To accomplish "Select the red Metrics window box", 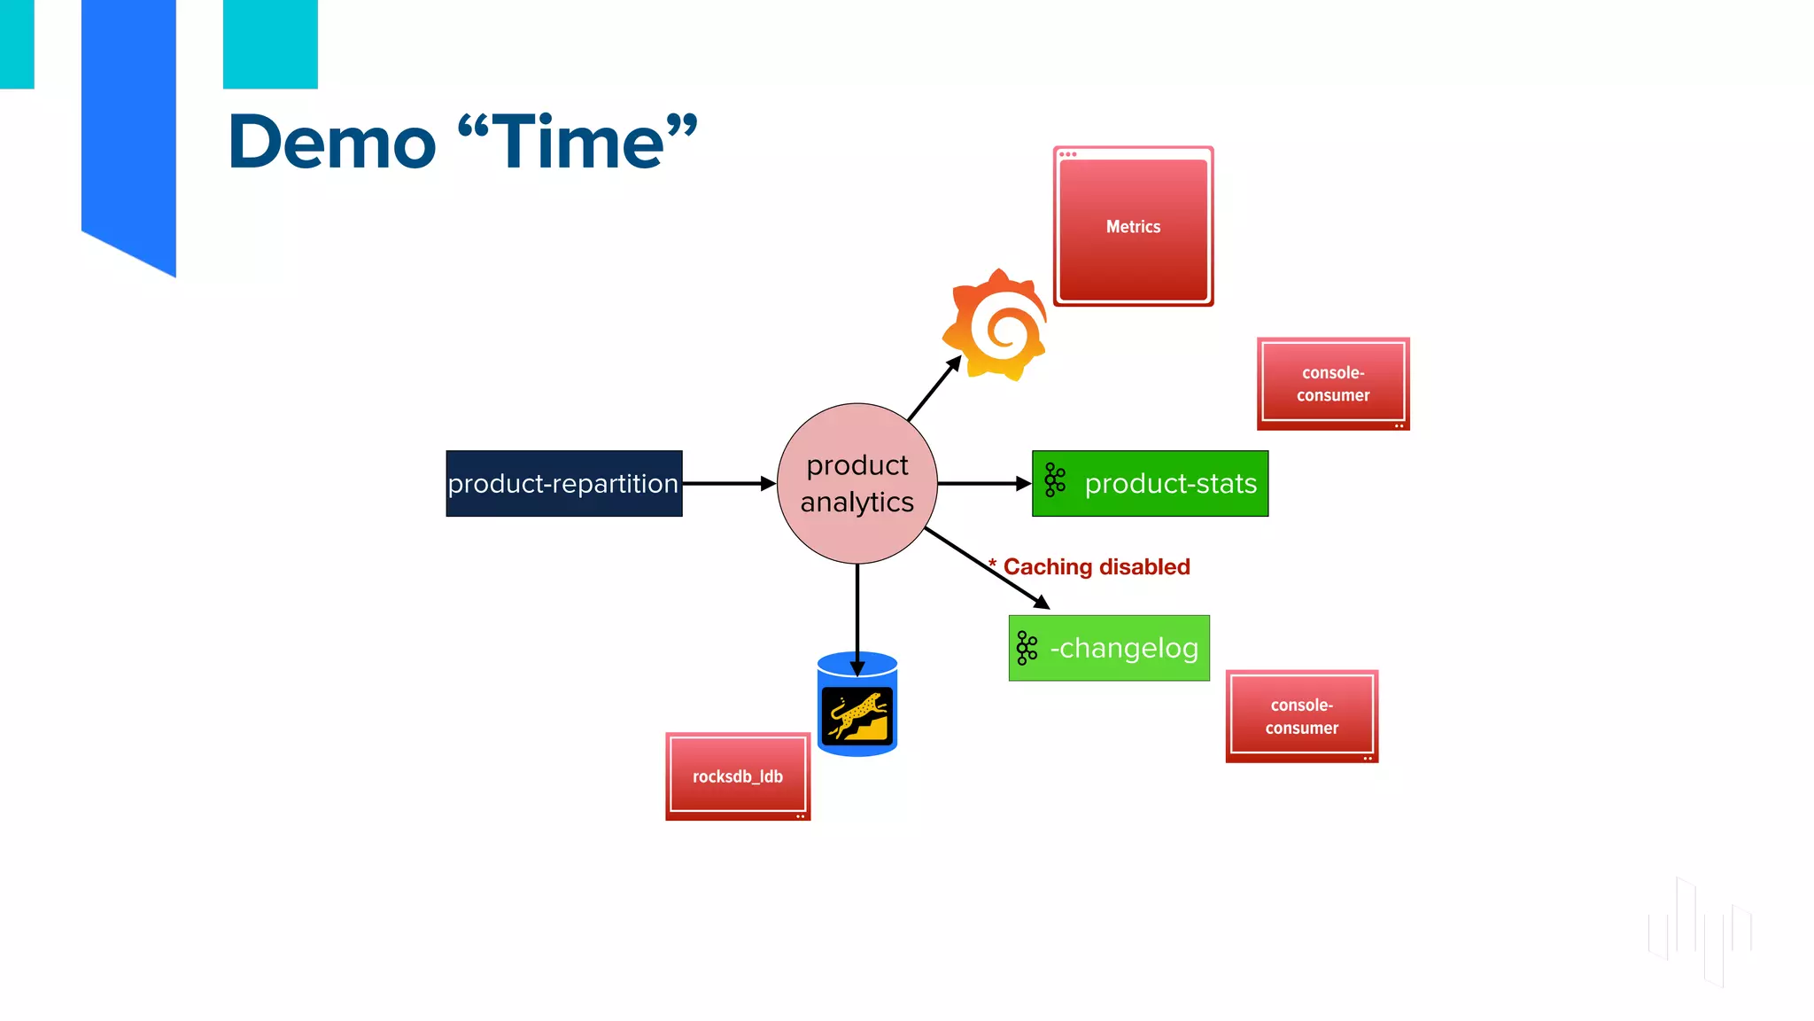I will [x=1133, y=227].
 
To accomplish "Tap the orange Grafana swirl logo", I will [x=996, y=325].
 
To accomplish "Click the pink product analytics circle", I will [x=857, y=483].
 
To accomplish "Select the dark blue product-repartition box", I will [x=563, y=484].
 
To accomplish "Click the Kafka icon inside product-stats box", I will [x=1054, y=479].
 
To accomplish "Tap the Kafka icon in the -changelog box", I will [x=1027, y=648].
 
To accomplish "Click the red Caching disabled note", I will [x=1096, y=567].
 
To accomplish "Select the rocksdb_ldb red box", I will [x=738, y=776].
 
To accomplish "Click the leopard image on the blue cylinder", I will [x=857, y=715].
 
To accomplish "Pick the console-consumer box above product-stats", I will [x=1333, y=384].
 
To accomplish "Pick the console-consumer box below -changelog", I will [x=1301, y=716].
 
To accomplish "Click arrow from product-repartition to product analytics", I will [x=728, y=484].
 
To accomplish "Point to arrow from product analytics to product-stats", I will [x=983, y=484].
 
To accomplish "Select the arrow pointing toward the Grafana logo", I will [x=934, y=388].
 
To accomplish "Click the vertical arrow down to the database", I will [x=857, y=616].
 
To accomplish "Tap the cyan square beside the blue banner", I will [x=270, y=43].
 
